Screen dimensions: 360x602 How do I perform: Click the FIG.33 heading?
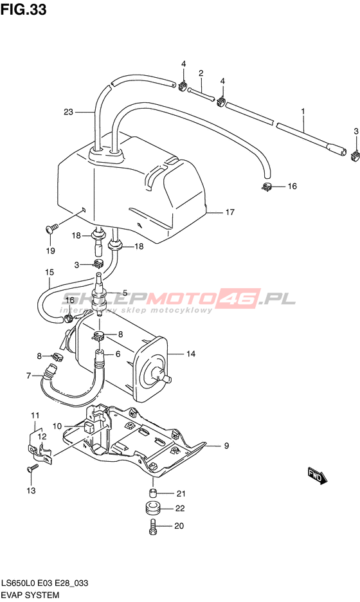[23, 9]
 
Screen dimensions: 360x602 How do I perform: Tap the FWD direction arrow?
[318, 476]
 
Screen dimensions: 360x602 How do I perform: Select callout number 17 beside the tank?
[230, 212]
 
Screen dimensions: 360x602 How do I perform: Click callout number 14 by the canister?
[191, 354]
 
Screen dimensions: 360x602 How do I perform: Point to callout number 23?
[68, 112]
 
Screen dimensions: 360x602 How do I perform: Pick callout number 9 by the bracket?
[226, 445]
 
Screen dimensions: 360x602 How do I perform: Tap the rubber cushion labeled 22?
[154, 509]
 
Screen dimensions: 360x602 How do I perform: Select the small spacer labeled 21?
[153, 493]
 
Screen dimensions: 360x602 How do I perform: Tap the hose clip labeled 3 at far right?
[355, 154]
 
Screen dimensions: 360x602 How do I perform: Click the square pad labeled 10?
[89, 429]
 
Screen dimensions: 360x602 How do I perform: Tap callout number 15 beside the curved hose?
[49, 273]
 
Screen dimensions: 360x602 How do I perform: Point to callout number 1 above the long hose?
[303, 111]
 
